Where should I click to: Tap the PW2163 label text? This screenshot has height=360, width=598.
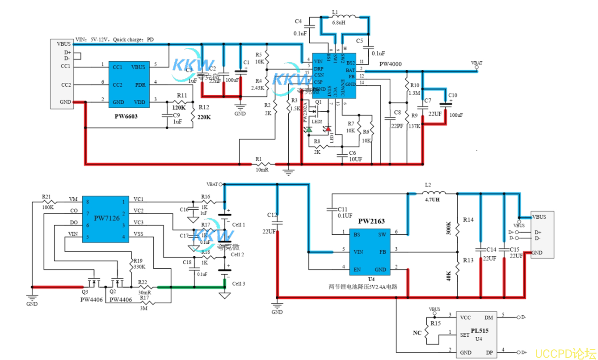(371, 221)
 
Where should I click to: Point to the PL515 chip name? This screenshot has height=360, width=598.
(479, 331)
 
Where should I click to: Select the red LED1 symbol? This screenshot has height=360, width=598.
(328, 129)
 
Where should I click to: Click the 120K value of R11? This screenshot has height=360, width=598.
(179, 107)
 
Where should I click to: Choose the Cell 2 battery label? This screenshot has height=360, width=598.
(237, 254)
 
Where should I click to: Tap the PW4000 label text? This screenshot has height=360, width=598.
(390, 64)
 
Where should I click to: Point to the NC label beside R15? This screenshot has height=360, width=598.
(417, 333)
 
